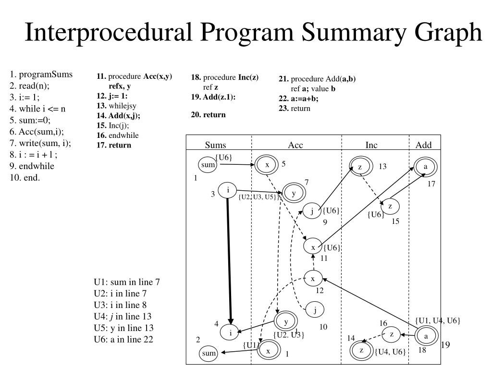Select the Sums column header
[x=215, y=145]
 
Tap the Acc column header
[x=295, y=145]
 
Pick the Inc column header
[x=371, y=145]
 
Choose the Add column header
[x=423, y=145]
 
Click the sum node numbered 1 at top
[x=208, y=165]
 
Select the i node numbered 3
[x=228, y=190]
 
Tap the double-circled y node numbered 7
[x=293, y=193]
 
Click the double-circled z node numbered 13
[x=360, y=167]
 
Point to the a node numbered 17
[x=425, y=167]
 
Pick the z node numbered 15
[x=390, y=207]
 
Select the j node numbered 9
[x=312, y=211]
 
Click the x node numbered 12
[x=313, y=279]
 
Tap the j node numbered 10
[x=315, y=310]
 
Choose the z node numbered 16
[x=392, y=334]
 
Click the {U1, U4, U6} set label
[x=438, y=320]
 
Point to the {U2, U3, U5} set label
[x=258, y=197]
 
